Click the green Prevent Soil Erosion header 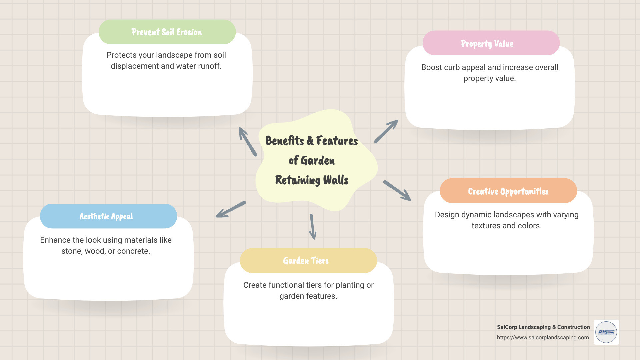[167, 32]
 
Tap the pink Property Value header [491, 43]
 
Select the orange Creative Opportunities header [508, 191]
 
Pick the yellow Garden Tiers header [308, 261]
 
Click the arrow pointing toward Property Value [386, 131]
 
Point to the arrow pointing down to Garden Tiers [312, 227]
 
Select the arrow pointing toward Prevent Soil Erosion [248, 142]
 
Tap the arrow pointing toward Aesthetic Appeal [231, 209]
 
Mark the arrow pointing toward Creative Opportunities [397, 191]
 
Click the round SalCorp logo [606, 332]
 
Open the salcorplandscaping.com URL [543, 337]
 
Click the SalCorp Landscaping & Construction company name [543, 327]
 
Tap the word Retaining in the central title [297, 180]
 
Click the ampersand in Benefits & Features [310, 141]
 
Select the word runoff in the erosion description [210, 66]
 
